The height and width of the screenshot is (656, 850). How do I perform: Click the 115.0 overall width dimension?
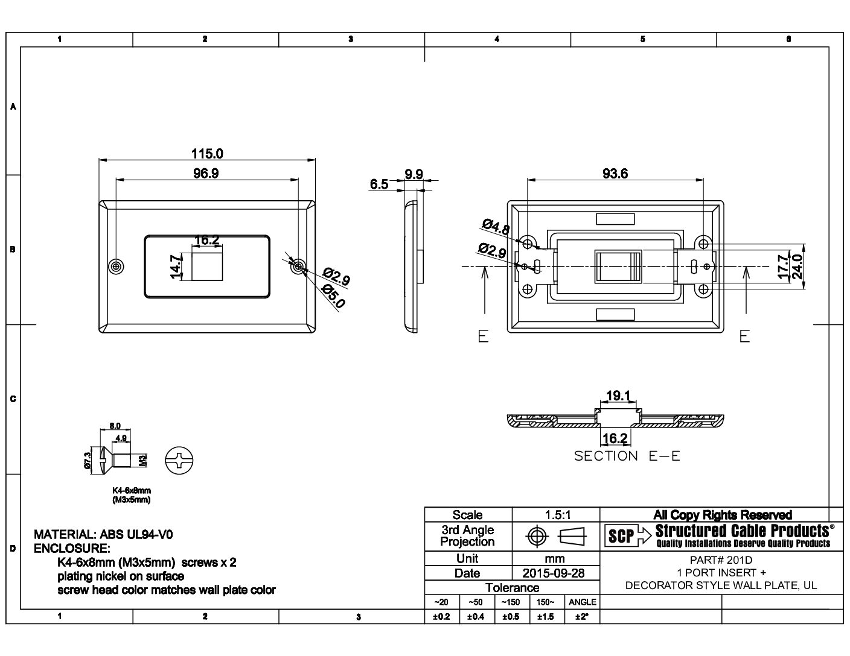(x=207, y=153)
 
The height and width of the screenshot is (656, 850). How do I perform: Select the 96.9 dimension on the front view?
(x=206, y=173)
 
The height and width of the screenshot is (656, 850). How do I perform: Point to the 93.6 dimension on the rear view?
(x=615, y=173)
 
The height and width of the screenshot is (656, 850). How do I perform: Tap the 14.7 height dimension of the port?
(x=176, y=266)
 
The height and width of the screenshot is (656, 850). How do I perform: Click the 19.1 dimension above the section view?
(x=618, y=396)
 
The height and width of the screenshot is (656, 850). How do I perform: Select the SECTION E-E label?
(x=627, y=456)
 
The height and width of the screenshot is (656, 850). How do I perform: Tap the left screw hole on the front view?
(x=116, y=266)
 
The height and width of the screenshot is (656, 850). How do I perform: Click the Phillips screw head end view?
(x=181, y=462)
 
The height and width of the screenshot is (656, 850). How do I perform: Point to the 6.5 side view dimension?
(x=379, y=184)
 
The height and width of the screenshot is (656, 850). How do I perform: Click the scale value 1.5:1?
(x=556, y=515)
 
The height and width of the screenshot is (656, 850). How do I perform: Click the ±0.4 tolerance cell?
(x=477, y=616)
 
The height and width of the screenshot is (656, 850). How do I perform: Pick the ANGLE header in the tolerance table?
(x=583, y=602)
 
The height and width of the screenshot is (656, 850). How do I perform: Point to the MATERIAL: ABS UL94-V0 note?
(x=107, y=534)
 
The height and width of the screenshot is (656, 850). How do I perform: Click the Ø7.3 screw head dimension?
(x=87, y=461)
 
